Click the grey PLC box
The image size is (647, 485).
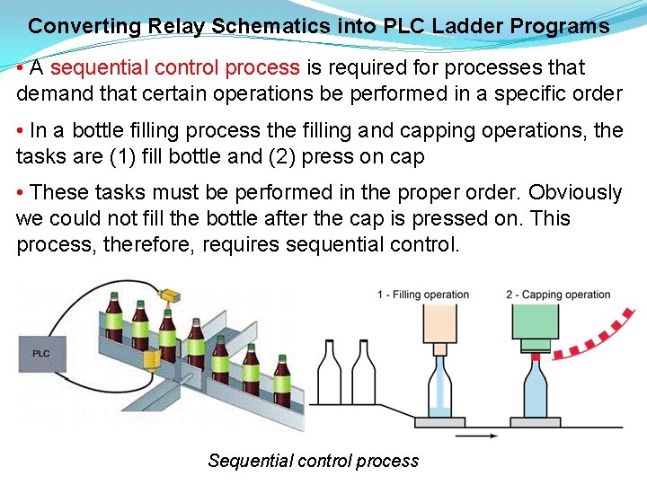click(x=41, y=353)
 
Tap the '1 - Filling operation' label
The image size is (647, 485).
click(x=422, y=295)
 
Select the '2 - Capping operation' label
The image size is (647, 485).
click(x=558, y=295)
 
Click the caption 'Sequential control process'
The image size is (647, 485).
click(x=313, y=461)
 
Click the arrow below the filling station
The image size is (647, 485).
click(x=476, y=436)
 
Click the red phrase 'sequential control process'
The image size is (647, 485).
click(x=175, y=67)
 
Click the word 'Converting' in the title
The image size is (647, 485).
click(x=73, y=26)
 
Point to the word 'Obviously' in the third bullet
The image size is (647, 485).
click(x=574, y=192)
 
